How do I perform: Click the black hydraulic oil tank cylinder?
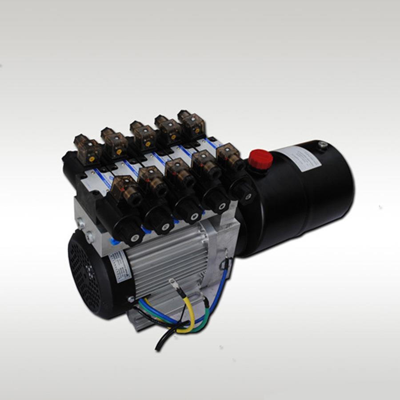pyautogui.click(x=307, y=196)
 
